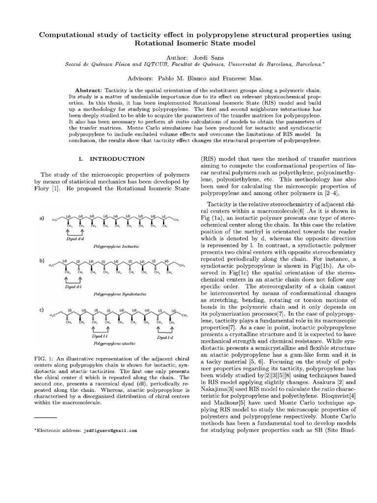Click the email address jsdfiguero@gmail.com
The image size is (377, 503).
[x=109, y=430]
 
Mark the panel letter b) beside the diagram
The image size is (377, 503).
[x=42, y=260]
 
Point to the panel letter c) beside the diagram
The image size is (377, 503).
[x=42, y=310]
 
